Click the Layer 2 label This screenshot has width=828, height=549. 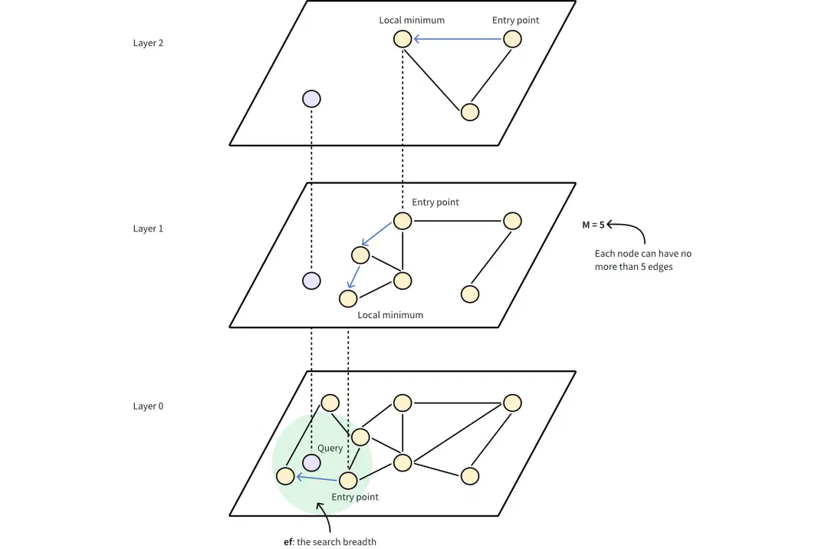point(148,43)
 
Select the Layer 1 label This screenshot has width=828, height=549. point(148,228)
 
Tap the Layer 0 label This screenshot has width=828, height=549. point(148,406)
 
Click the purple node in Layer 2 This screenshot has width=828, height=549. point(311,99)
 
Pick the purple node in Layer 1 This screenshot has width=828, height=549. point(311,281)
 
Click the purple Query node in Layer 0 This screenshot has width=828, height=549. point(311,462)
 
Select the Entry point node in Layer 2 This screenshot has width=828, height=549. point(512,39)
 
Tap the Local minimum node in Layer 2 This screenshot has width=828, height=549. point(402,39)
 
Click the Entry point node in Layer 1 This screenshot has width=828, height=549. point(402,221)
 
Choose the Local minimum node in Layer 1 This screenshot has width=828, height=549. point(348,298)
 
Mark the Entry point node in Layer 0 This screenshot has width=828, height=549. point(348,480)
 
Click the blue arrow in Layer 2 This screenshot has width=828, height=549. point(457,39)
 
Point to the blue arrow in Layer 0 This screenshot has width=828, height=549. point(317,478)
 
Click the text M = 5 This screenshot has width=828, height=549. point(593,225)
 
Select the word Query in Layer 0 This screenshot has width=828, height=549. point(330,449)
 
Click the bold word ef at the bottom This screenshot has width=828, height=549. point(287,541)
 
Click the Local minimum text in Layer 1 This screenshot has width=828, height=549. point(390,314)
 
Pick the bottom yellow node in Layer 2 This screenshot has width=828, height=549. point(470,112)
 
